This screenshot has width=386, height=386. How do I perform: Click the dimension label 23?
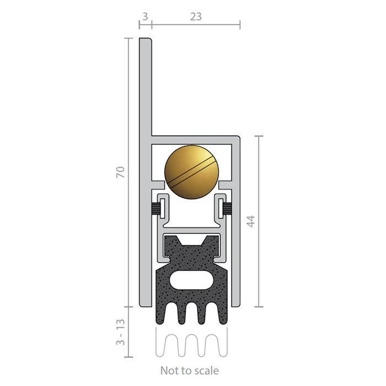pos(196,17)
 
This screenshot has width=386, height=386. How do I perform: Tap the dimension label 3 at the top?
pos(145,17)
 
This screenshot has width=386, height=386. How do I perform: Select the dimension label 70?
pos(121,172)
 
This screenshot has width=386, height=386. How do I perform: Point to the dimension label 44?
pos(251,221)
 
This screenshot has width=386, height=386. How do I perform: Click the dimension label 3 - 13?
pos(121,332)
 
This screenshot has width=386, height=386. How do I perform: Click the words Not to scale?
pos(189,371)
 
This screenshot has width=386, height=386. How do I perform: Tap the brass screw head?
pos(191,172)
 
